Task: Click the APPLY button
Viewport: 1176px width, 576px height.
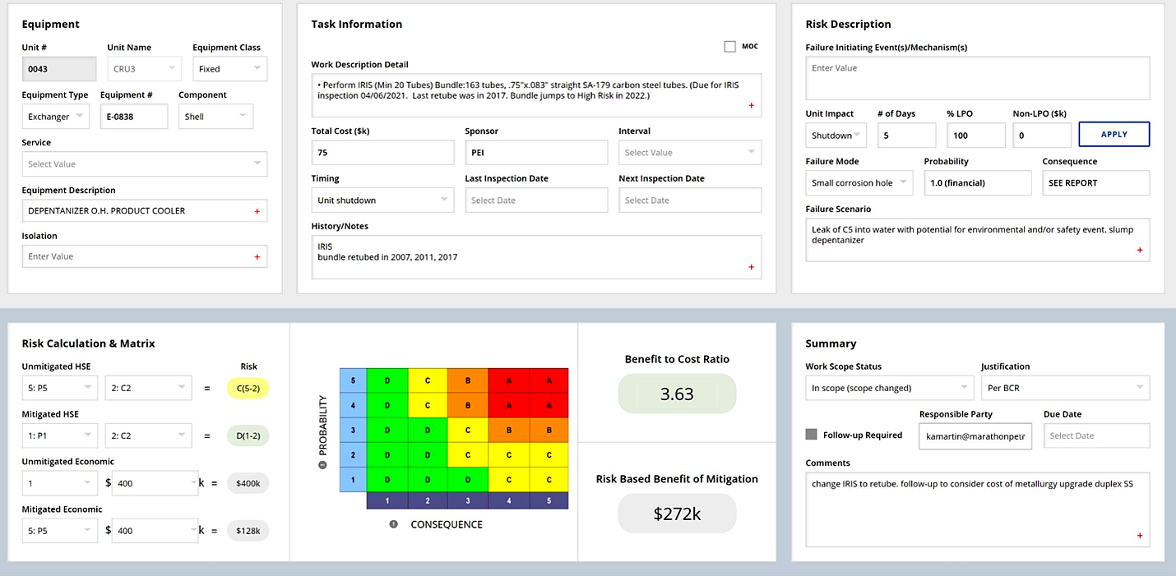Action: click(1113, 135)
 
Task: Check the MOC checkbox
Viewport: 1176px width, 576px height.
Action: click(729, 47)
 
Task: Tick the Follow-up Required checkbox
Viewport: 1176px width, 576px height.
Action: click(812, 435)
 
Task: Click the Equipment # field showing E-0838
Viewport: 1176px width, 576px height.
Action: click(134, 117)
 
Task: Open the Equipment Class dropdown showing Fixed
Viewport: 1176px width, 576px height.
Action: click(229, 69)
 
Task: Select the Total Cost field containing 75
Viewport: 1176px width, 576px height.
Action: click(382, 153)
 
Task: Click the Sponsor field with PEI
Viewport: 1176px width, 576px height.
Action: click(536, 153)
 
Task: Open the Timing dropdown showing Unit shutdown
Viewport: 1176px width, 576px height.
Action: click(382, 200)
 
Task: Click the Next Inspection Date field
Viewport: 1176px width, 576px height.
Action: click(690, 200)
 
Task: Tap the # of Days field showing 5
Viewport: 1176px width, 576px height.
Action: click(906, 136)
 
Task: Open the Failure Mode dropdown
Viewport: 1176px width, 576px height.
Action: click(859, 183)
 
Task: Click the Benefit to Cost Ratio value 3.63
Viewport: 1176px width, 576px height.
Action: click(677, 394)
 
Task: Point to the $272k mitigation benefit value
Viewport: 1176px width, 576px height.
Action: click(677, 514)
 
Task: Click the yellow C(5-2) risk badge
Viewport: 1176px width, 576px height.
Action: click(248, 388)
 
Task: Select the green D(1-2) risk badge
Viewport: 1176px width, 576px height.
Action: click(248, 435)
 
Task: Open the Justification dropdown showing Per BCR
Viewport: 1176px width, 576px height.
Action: click(1065, 388)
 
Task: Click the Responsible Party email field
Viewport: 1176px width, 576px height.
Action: click(975, 435)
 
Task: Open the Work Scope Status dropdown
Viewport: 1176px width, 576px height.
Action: click(889, 388)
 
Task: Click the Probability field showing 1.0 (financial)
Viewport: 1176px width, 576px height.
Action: click(977, 183)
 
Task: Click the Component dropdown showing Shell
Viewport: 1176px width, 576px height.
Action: click(215, 117)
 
